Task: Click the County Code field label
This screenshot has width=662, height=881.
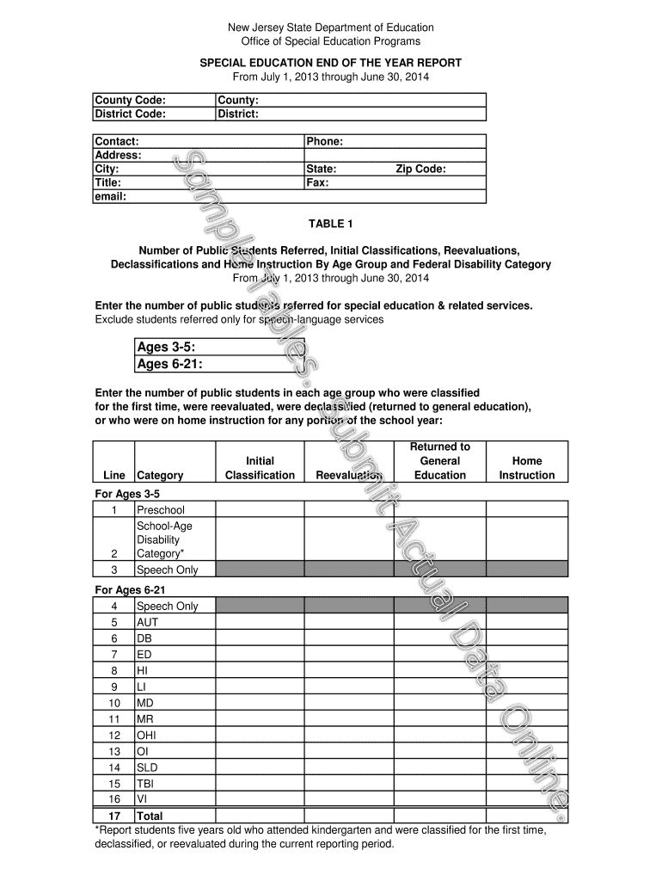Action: click(130, 100)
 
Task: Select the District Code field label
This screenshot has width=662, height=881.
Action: click(131, 114)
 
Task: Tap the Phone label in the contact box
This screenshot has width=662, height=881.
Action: click(325, 141)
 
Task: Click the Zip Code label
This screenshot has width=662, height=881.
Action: click(420, 169)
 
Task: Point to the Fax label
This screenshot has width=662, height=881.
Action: click(318, 182)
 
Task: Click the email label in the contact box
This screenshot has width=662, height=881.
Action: click(111, 196)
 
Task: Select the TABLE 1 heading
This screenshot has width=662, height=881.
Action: click(331, 224)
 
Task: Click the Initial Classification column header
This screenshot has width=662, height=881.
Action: click(260, 468)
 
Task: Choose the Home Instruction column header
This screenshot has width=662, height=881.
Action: click(527, 468)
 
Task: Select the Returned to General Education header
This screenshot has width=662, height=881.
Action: click(439, 461)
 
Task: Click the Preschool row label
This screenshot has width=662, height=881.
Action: click(161, 510)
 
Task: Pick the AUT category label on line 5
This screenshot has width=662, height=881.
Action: click(148, 622)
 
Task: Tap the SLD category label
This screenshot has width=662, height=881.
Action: click(148, 767)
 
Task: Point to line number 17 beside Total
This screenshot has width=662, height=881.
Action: click(113, 816)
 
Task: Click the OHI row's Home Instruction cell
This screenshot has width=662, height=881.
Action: click(527, 735)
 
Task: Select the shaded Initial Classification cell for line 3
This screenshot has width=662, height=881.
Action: click(260, 569)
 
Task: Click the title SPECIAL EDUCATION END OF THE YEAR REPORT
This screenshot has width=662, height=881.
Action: click(331, 63)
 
